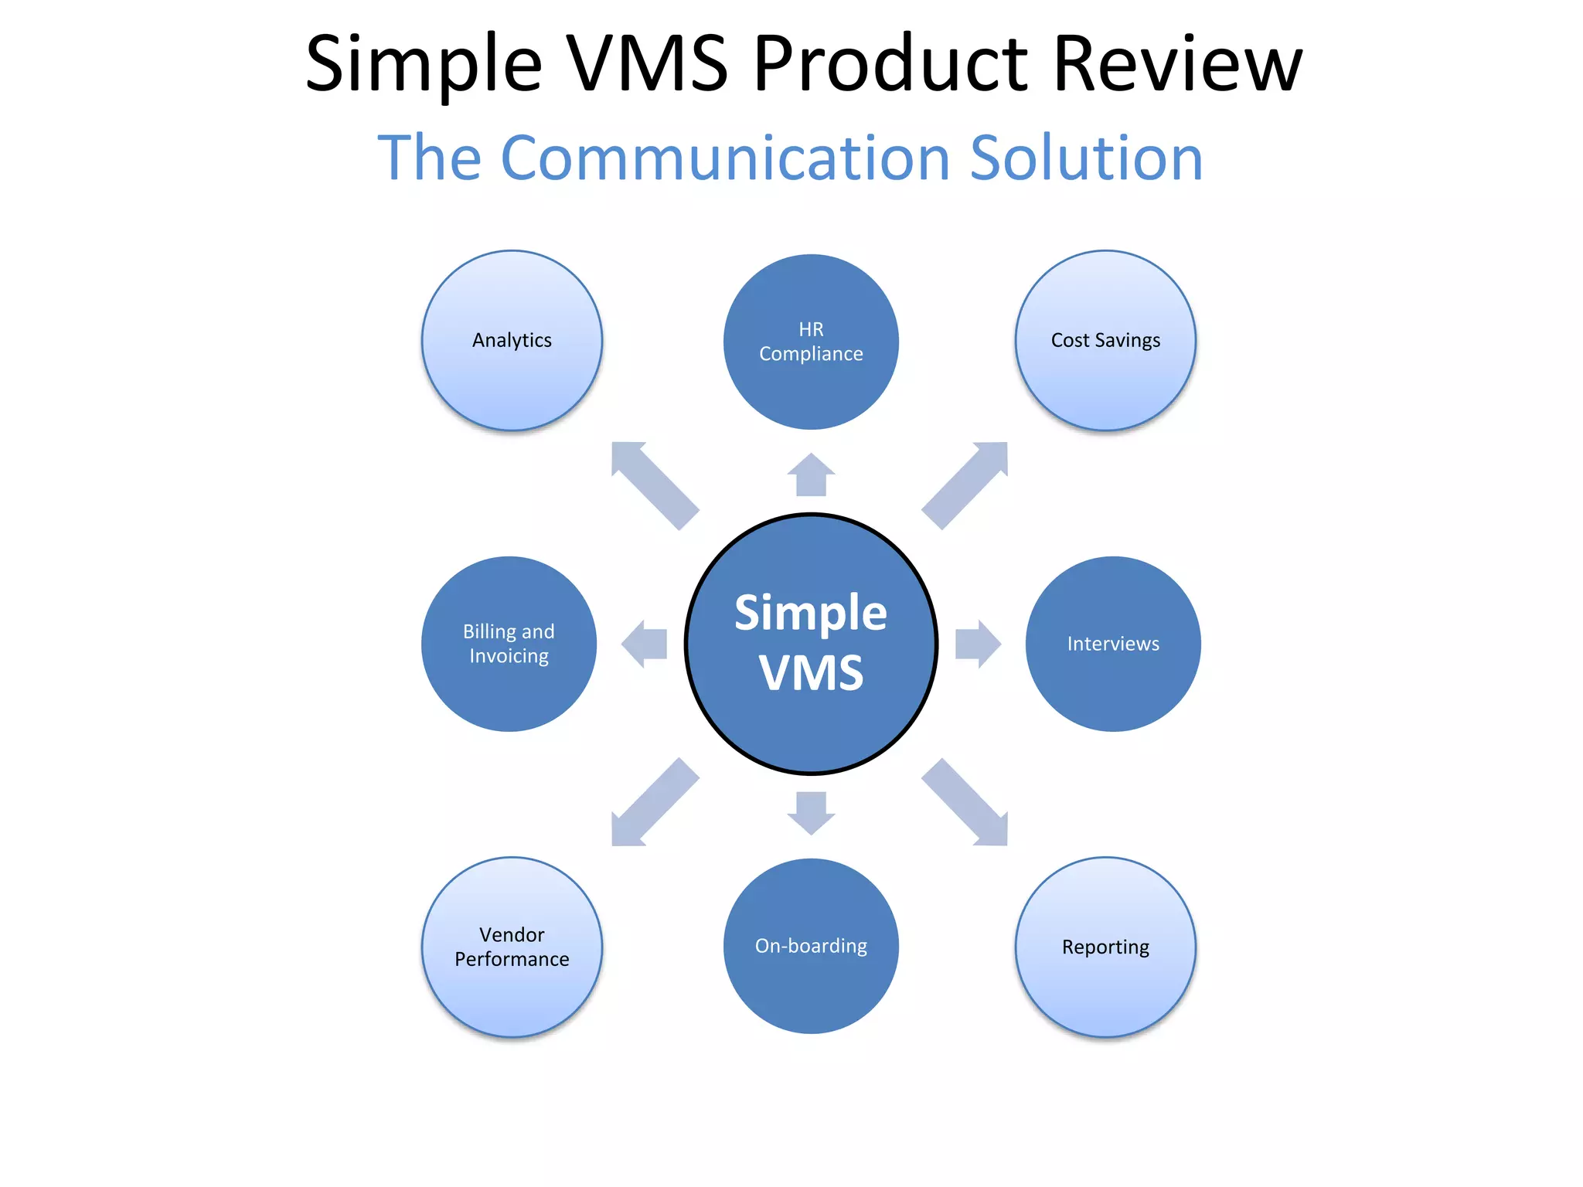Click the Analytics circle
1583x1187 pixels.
tap(512, 340)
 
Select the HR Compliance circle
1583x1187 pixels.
tap(811, 342)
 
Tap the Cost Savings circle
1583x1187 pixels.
tap(1105, 340)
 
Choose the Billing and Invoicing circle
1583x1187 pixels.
tap(509, 644)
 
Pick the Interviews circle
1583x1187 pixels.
tap(1113, 644)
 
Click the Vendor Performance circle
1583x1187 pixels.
tap(512, 947)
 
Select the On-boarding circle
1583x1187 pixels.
tap(811, 946)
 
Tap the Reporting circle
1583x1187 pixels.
tap(1105, 947)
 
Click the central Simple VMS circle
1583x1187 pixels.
tap(811, 644)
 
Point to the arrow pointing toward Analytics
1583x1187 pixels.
tap(653, 484)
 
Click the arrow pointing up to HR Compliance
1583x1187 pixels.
tap(811, 474)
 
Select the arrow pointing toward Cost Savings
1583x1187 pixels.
tap(966, 484)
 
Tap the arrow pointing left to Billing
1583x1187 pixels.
tap(645, 644)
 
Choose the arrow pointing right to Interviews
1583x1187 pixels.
tap(977, 644)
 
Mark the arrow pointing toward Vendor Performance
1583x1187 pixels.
tap(653, 804)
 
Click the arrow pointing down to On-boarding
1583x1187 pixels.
tap(811, 812)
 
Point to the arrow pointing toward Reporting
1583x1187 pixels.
tap(966, 804)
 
